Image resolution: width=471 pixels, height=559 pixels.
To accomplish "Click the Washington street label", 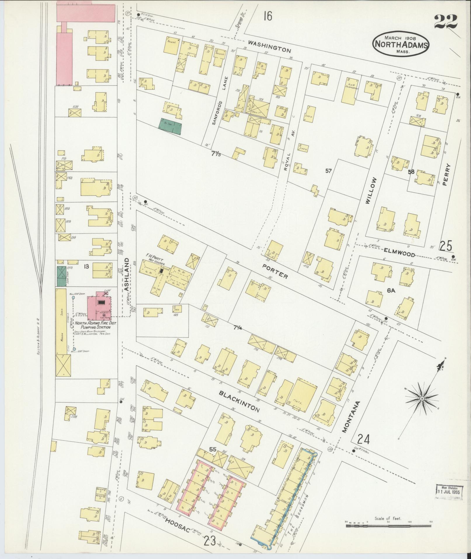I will (270, 46).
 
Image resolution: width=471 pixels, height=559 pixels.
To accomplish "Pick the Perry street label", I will (447, 174).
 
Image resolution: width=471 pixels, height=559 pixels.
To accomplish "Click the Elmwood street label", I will (399, 252).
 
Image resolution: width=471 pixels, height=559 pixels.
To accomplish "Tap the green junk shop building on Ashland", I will (61, 276).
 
